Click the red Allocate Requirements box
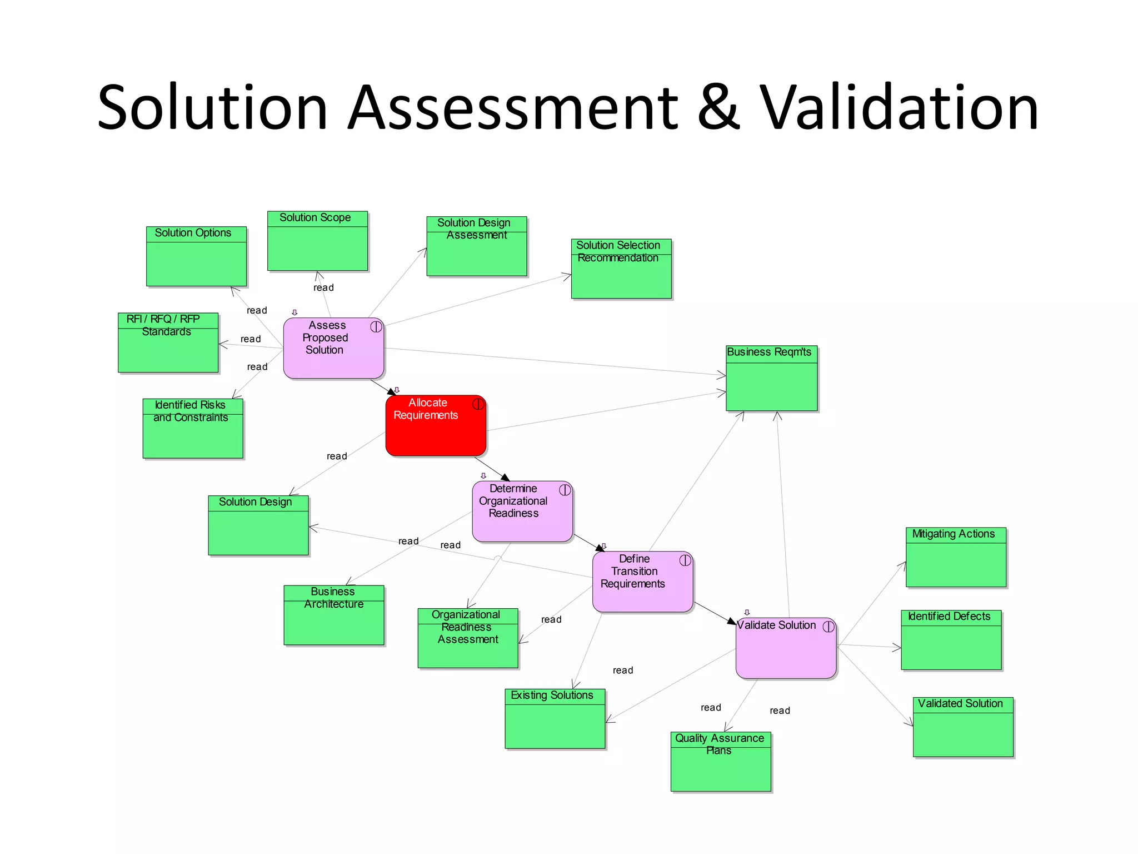click(x=436, y=426)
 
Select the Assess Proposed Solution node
click(x=333, y=348)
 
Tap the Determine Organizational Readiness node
click(x=522, y=512)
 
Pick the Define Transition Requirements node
click(x=642, y=582)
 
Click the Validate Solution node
click(x=786, y=648)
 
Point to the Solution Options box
click(x=196, y=256)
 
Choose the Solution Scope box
click(x=317, y=241)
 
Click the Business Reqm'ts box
click(x=771, y=378)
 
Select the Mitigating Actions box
click(x=956, y=557)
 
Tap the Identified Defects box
click(x=951, y=640)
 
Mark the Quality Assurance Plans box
click(x=721, y=761)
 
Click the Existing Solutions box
click(x=555, y=719)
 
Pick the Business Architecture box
click(x=333, y=615)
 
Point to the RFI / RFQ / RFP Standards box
click(x=168, y=342)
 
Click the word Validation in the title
click(x=899, y=107)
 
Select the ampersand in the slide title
click(x=718, y=107)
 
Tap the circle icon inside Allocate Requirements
click(x=478, y=404)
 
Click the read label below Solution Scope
click(x=323, y=287)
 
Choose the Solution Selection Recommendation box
click(x=621, y=269)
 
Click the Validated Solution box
click(x=963, y=727)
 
